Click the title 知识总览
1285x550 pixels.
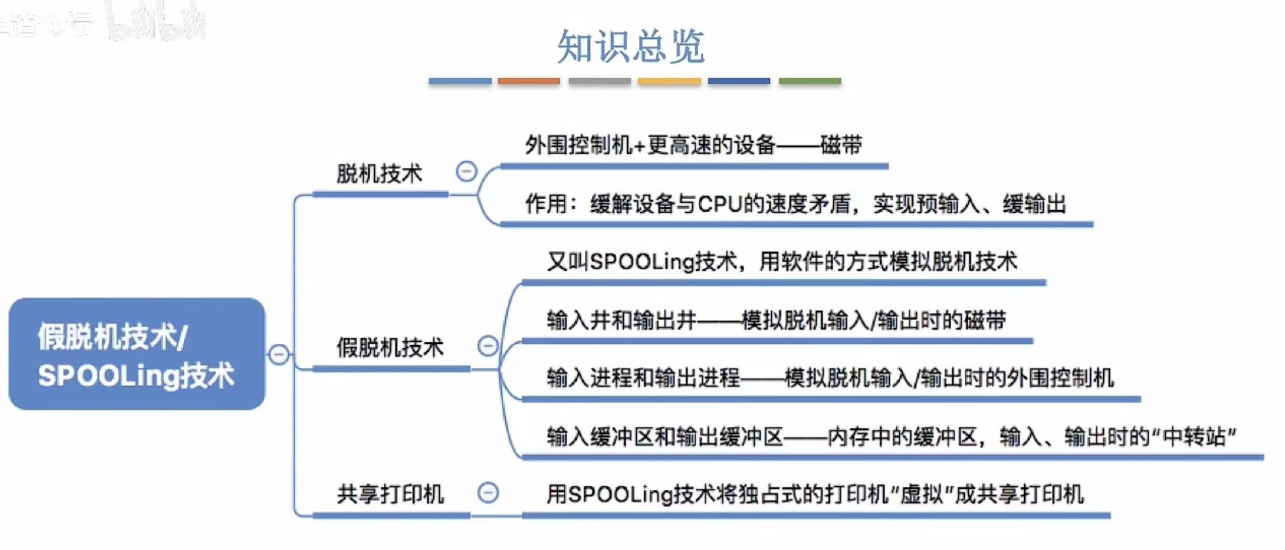click(x=630, y=46)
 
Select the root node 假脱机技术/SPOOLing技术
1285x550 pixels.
click(x=136, y=354)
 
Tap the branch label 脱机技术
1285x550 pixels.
click(x=379, y=174)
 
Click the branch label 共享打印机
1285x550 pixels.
click(x=390, y=494)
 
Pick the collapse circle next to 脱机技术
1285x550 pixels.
click(x=466, y=171)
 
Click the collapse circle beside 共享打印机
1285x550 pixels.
click(x=488, y=493)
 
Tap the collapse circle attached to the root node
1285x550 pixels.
click(x=279, y=354)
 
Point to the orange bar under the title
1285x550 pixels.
click(x=528, y=81)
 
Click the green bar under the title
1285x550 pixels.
click(x=809, y=81)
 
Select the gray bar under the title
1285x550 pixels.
click(x=599, y=81)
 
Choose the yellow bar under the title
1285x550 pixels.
click(x=669, y=81)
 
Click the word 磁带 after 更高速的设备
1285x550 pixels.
click(x=841, y=145)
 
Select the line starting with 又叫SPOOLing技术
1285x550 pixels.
click(x=782, y=261)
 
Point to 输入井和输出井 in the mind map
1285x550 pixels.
click(x=621, y=320)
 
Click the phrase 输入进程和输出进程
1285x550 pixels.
click(x=643, y=378)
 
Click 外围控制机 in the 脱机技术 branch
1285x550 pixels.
click(x=578, y=145)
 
